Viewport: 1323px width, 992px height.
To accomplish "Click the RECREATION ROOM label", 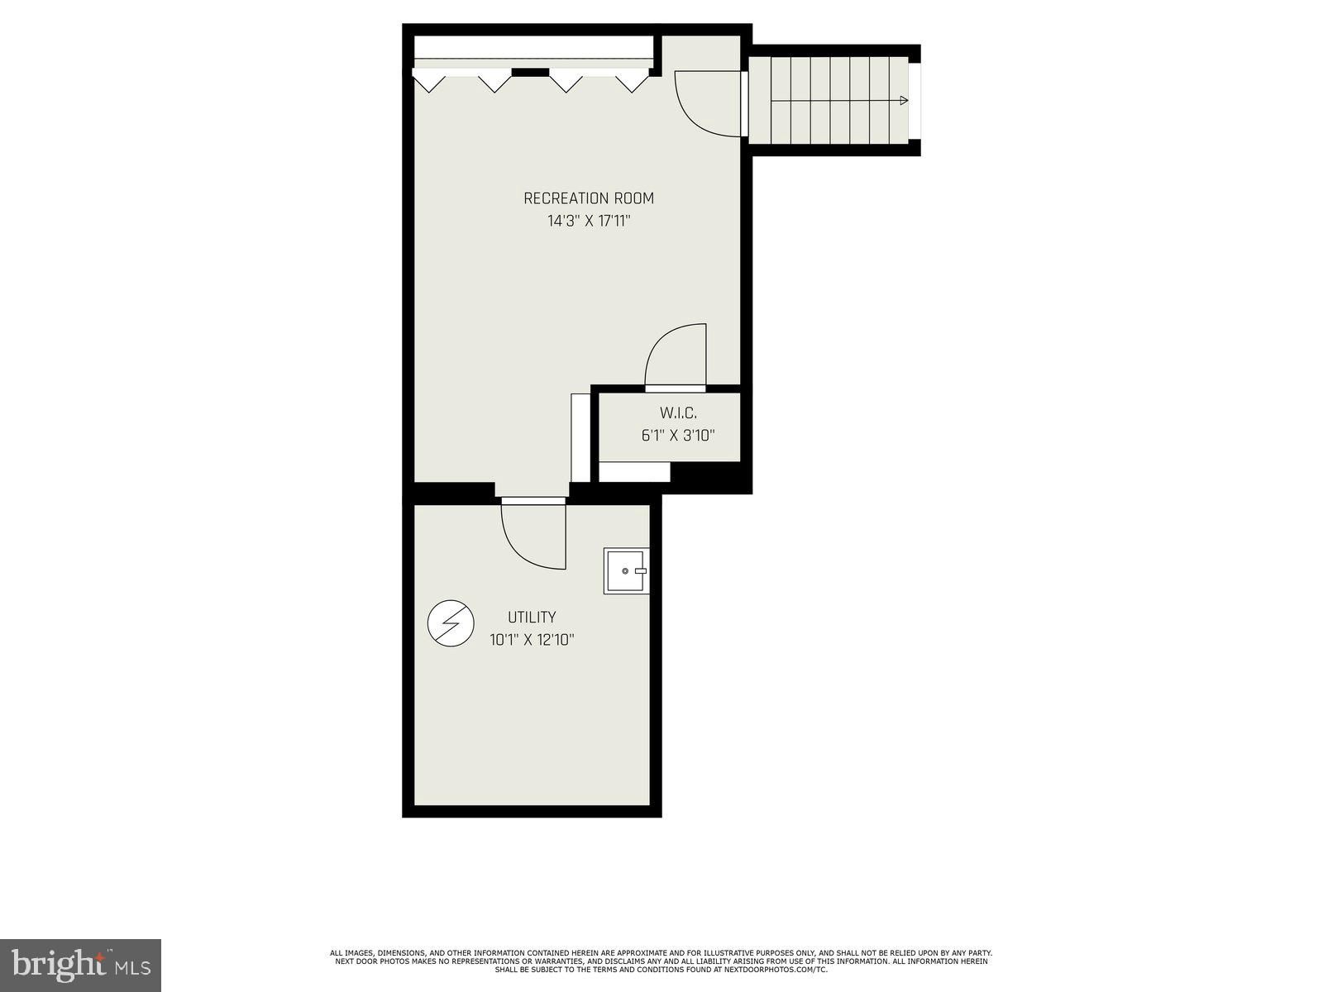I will tap(588, 198).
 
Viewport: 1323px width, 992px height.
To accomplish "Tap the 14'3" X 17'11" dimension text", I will tap(588, 222).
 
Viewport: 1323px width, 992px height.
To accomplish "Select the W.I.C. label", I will tap(677, 413).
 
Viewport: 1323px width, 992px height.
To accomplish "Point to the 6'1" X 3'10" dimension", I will tap(677, 436).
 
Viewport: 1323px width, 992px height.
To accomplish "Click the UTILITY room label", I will tap(531, 618).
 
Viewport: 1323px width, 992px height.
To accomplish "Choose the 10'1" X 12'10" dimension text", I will tap(531, 640).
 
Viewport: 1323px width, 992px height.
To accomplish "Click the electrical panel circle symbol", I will tap(451, 623).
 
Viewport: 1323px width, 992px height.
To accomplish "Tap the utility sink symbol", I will tap(626, 571).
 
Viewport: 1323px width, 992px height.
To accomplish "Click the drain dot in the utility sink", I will tap(625, 571).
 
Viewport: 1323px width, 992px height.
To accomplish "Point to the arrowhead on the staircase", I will tap(904, 101).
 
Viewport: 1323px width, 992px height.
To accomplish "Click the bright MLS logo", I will tap(80, 964).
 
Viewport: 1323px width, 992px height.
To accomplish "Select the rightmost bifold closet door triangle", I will tap(632, 83).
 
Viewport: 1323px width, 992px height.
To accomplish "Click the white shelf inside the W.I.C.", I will tap(633, 472).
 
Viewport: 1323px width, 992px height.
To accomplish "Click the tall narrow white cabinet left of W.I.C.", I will tap(580, 437).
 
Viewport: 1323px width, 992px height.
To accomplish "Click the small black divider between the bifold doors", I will tap(530, 73).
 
